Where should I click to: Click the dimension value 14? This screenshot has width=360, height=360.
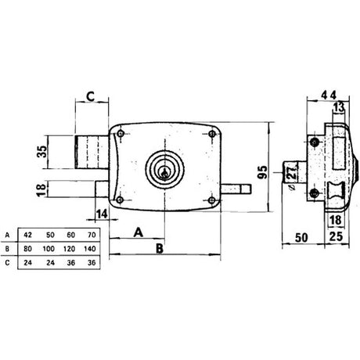point(101,214)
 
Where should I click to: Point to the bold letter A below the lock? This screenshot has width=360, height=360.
point(137,232)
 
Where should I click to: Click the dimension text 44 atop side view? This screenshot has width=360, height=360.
point(329,95)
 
